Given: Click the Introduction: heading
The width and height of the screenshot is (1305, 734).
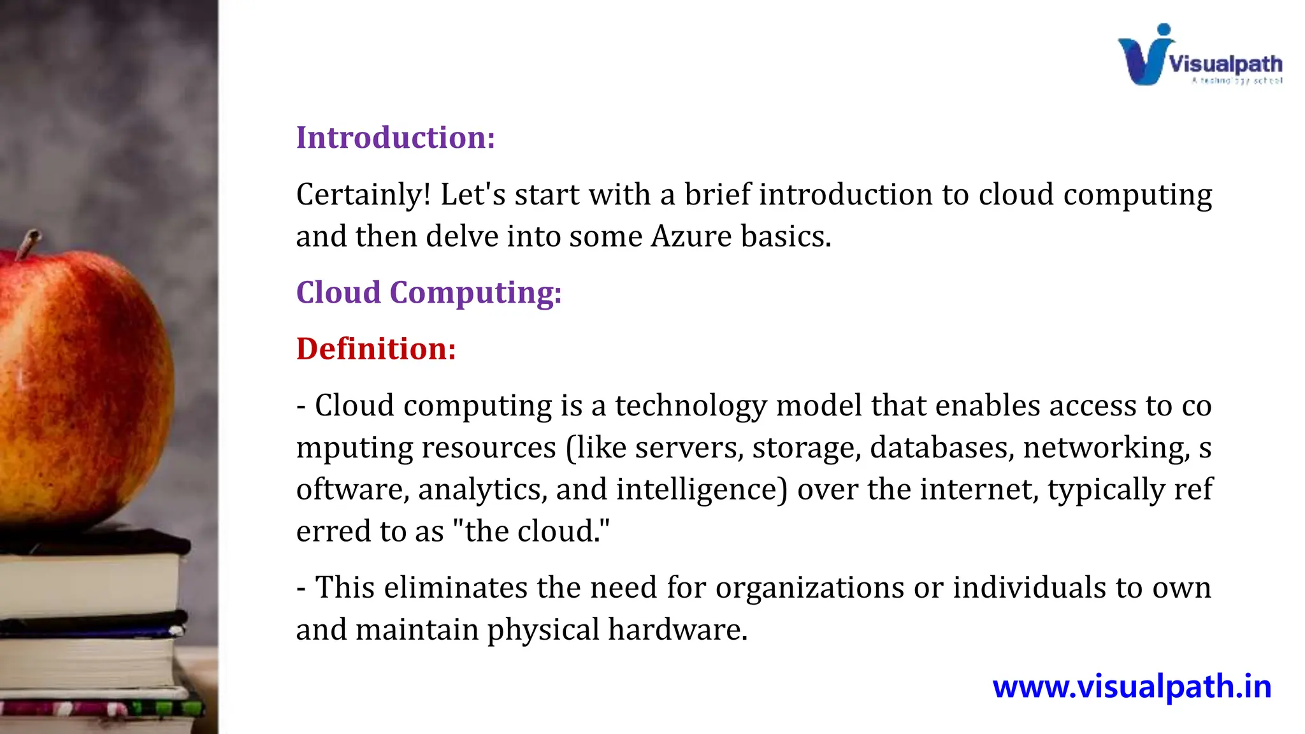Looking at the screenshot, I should (x=395, y=138).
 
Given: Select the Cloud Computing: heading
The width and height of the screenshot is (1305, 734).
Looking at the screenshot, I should (x=428, y=292).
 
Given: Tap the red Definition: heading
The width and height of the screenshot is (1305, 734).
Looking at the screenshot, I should (x=376, y=349).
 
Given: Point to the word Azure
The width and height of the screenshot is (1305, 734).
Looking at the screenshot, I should (x=691, y=236).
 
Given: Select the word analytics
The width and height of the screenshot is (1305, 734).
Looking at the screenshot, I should (x=482, y=489).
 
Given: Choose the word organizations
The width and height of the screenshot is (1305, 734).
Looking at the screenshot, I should (x=809, y=587).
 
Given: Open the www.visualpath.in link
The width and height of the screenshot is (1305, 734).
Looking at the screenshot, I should (x=1132, y=687).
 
